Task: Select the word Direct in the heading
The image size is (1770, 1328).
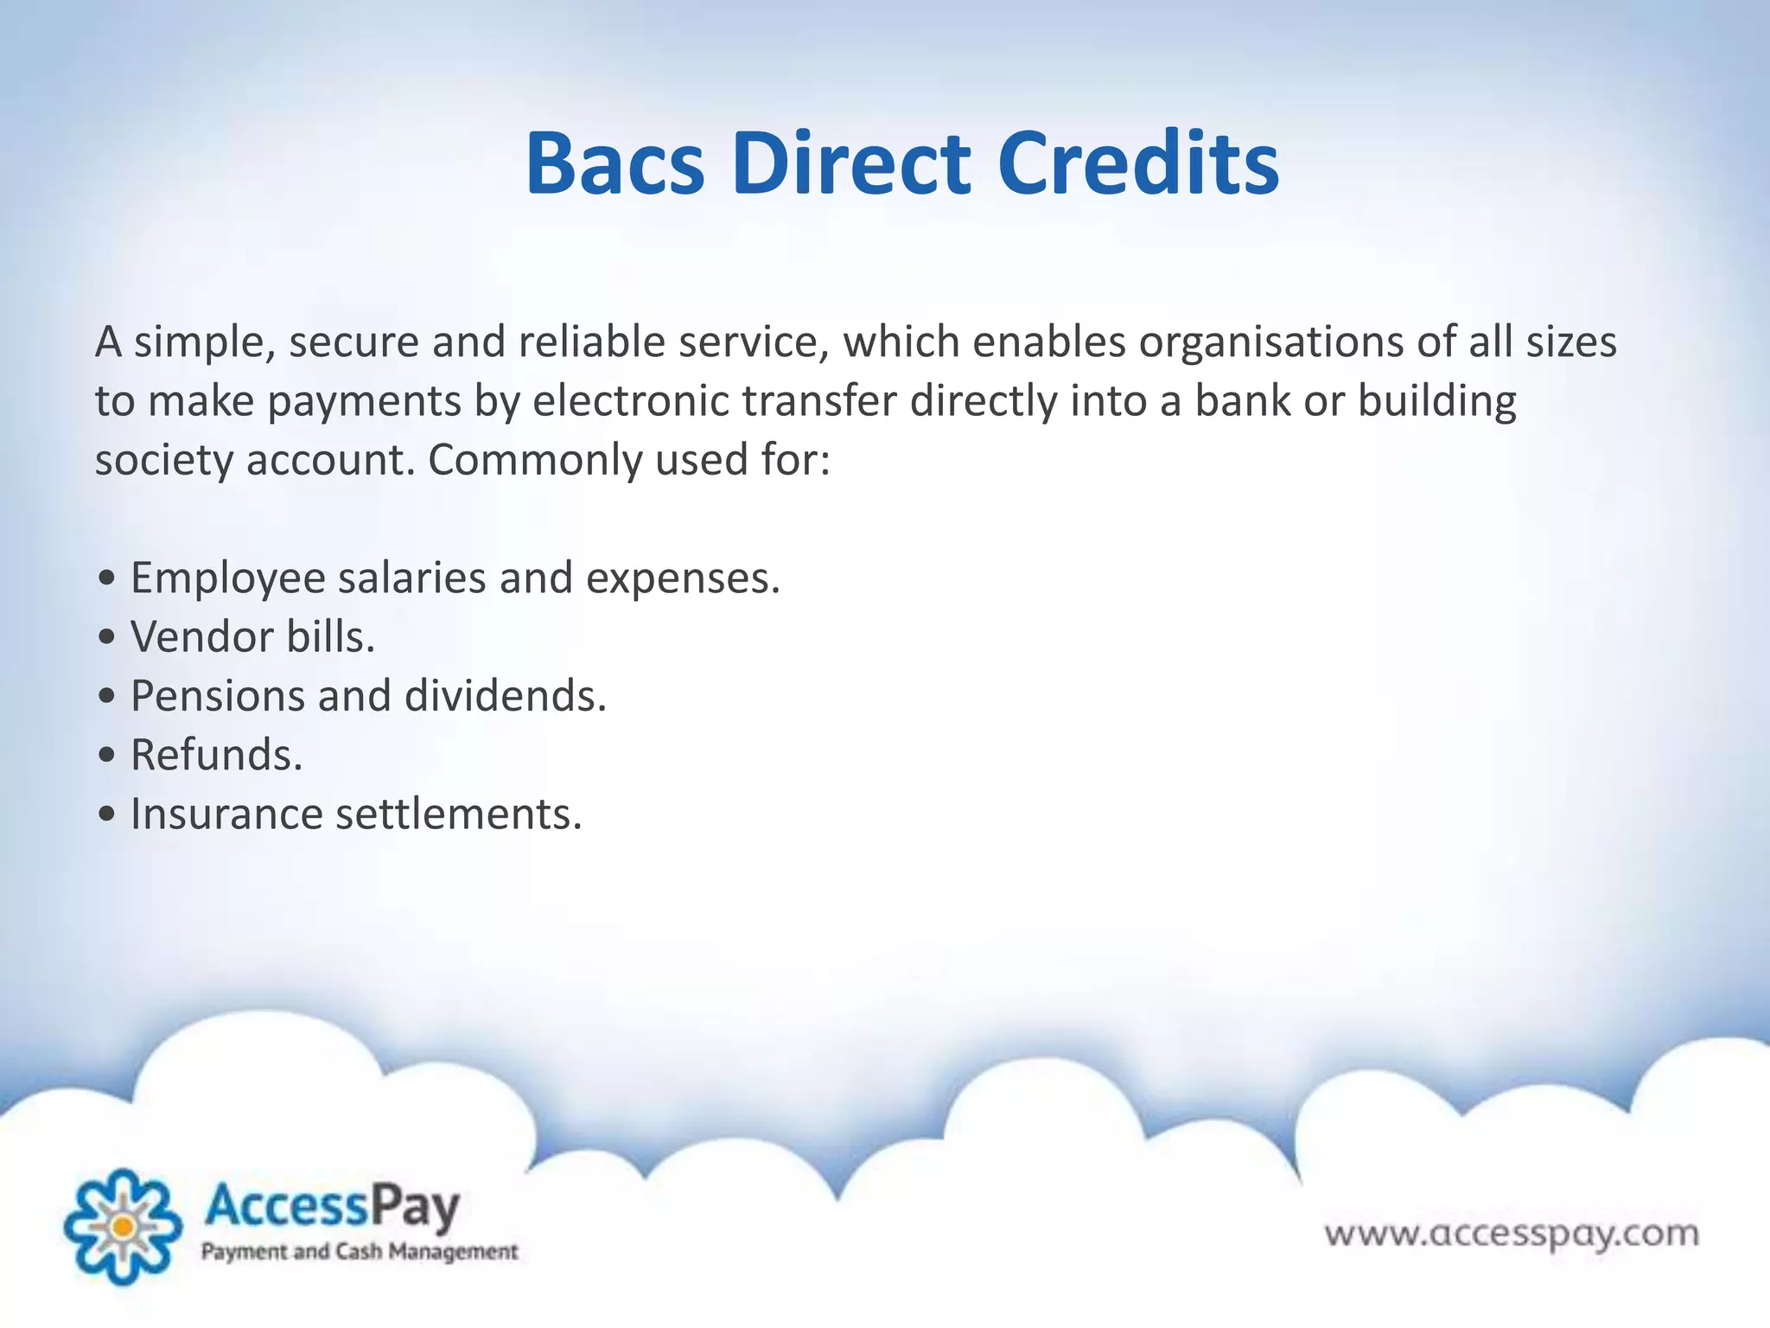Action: point(851,164)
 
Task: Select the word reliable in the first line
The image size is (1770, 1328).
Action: point(592,342)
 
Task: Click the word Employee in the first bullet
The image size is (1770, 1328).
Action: point(227,578)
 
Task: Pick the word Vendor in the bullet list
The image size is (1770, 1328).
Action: point(201,637)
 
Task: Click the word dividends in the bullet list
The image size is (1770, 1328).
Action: point(506,696)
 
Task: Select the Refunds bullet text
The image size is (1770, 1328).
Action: point(216,755)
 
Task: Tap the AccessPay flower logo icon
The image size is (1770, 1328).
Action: point(123,1226)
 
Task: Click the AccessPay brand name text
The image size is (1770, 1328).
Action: point(331,1206)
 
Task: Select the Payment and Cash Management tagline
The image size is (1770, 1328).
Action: point(359,1251)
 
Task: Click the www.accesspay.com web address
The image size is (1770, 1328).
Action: point(1512,1233)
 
